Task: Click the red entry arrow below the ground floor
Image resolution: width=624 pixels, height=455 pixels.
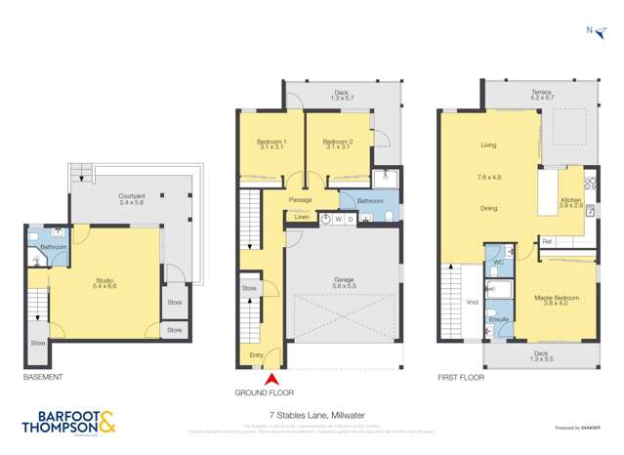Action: click(x=272, y=378)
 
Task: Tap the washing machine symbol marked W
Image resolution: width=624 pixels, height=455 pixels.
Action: click(x=338, y=220)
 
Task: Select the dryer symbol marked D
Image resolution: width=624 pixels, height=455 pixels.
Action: click(x=350, y=220)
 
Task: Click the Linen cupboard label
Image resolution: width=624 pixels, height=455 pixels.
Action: click(x=299, y=218)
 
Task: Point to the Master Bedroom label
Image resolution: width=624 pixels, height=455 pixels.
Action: click(x=553, y=299)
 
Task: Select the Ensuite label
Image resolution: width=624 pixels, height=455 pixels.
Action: click(x=495, y=318)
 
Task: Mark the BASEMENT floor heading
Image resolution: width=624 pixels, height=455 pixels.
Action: click(x=43, y=377)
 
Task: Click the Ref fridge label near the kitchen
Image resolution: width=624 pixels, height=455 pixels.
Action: click(x=547, y=241)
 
